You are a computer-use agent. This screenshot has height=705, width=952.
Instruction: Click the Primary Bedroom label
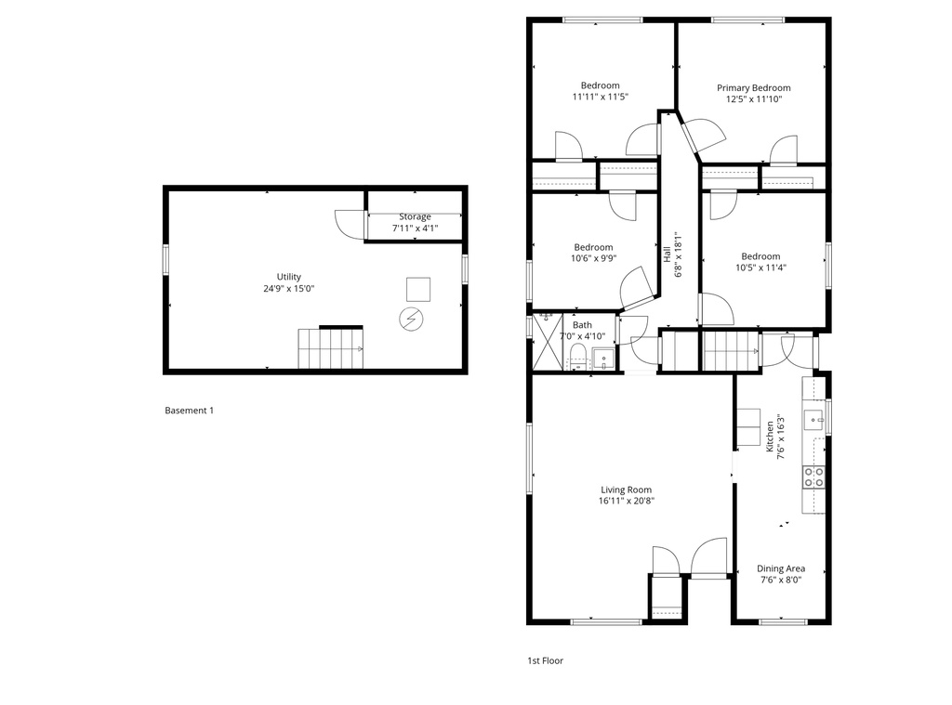tap(753, 88)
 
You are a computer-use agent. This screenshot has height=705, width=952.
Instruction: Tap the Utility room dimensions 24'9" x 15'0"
tap(288, 289)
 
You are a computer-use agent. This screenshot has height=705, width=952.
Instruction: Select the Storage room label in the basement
tap(415, 216)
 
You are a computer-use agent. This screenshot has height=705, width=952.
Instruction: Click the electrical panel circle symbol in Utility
tap(409, 320)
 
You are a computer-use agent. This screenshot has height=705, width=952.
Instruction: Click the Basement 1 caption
tap(189, 411)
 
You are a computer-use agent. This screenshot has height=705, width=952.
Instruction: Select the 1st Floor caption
tap(545, 661)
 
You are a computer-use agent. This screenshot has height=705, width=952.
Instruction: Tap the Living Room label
tap(626, 490)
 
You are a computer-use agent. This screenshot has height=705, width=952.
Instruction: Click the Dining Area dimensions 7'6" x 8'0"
tap(781, 580)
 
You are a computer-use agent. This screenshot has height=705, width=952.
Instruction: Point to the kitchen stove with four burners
tap(813, 477)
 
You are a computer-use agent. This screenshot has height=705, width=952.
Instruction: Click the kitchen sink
tap(815, 419)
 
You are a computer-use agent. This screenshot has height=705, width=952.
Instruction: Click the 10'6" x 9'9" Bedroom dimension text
tap(593, 259)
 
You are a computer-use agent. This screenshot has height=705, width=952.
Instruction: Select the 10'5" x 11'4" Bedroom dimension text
tap(760, 268)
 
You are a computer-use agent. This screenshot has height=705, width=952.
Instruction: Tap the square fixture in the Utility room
tap(418, 289)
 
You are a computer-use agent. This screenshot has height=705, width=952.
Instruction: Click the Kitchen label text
tap(770, 437)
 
